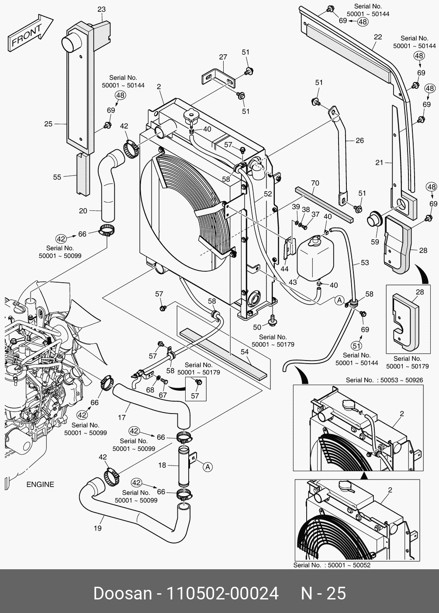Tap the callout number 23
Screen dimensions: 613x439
pyautogui.click(x=101, y=9)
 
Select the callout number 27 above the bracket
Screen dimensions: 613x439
pyautogui.click(x=223, y=57)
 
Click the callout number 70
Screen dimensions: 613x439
pyautogui.click(x=315, y=183)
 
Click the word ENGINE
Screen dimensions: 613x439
pyautogui.click(x=40, y=484)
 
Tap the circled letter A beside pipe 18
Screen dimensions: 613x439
pyautogui.click(x=208, y=467)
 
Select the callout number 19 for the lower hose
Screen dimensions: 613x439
pyautogui.click(x=97, y=528)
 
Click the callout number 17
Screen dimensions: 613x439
pyautogui.click(x=122, y=418)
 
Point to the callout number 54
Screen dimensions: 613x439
pyautogui.click(x=244, y=352)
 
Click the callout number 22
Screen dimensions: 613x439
pyautogui.click(x=378, y=37)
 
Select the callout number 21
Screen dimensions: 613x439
pyautogui.click(x=379, y=163)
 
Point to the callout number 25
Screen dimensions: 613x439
pyautogui.click(x=48, y=124)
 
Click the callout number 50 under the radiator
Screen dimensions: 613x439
pyautogui.click(x=257, y=327)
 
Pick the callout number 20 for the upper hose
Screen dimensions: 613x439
pyautogui.click(x=83, y=210)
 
